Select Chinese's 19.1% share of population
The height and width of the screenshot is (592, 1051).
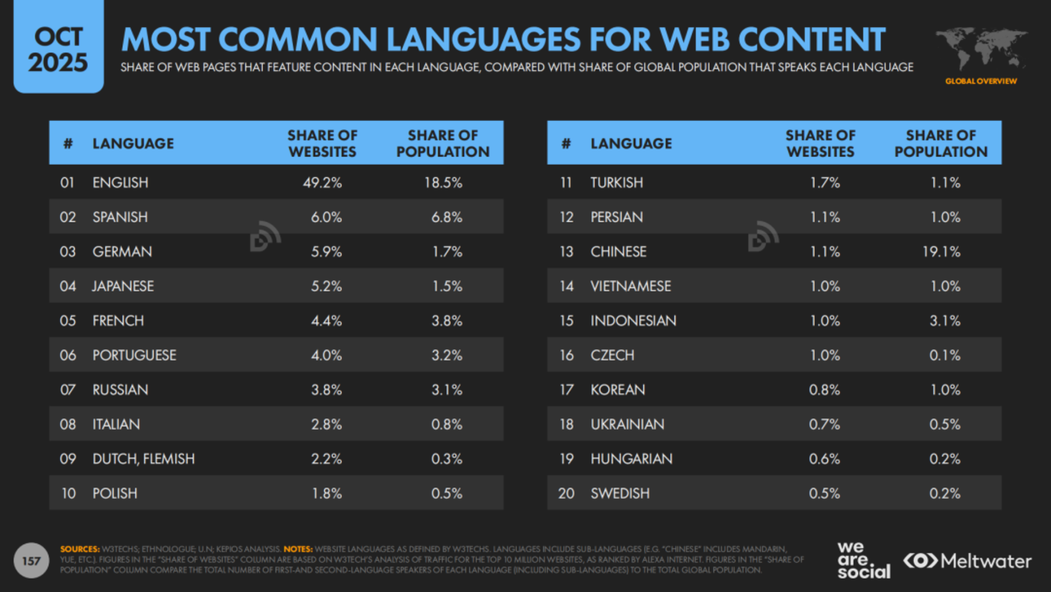click(941, 252)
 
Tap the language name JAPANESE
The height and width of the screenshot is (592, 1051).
click(123, 286)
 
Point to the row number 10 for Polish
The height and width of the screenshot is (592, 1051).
click(68, 494)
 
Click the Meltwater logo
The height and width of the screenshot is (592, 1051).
click(967, 561)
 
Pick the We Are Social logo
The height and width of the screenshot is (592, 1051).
click(863, 560)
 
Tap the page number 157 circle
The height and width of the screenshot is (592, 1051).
click(31, 561)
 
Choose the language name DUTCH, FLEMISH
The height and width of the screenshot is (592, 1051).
click(143, 459)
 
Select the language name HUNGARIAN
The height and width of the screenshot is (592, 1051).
click(631, 459)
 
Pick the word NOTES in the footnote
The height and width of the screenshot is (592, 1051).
click(298, 549)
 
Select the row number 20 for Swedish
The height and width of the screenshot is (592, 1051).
click(566, 494)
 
